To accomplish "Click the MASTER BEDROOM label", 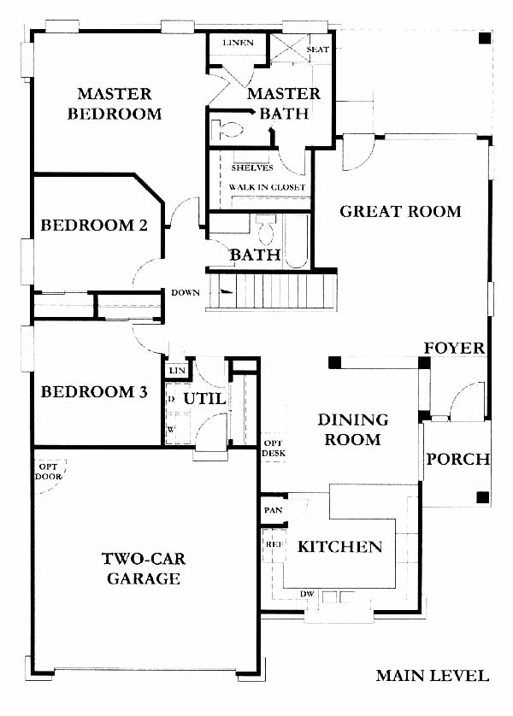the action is click(115, 103).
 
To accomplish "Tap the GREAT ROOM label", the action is click(401, 211).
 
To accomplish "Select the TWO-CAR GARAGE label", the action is click(144, 568).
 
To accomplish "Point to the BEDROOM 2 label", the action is click(94, 225).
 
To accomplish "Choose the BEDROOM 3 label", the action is click(94, 392).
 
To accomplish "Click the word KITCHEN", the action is click(340, 547).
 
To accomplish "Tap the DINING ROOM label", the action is click(352, 430).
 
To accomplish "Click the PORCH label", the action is click(458, 459).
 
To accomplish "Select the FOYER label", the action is click(454, 348).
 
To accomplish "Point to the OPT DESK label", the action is click(274, 448).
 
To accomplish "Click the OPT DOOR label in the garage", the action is click(49, 472).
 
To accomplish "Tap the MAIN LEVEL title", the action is click(432, 675).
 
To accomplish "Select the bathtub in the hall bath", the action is click(297, 241).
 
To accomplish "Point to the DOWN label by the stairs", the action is click(186, 293).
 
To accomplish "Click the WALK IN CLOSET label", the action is click(268, 187).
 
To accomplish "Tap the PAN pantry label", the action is click(274, 510).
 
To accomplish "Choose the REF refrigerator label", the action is click(274, 544).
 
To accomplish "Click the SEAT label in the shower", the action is click(317, 50).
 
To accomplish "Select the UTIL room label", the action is click(204, 399).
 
